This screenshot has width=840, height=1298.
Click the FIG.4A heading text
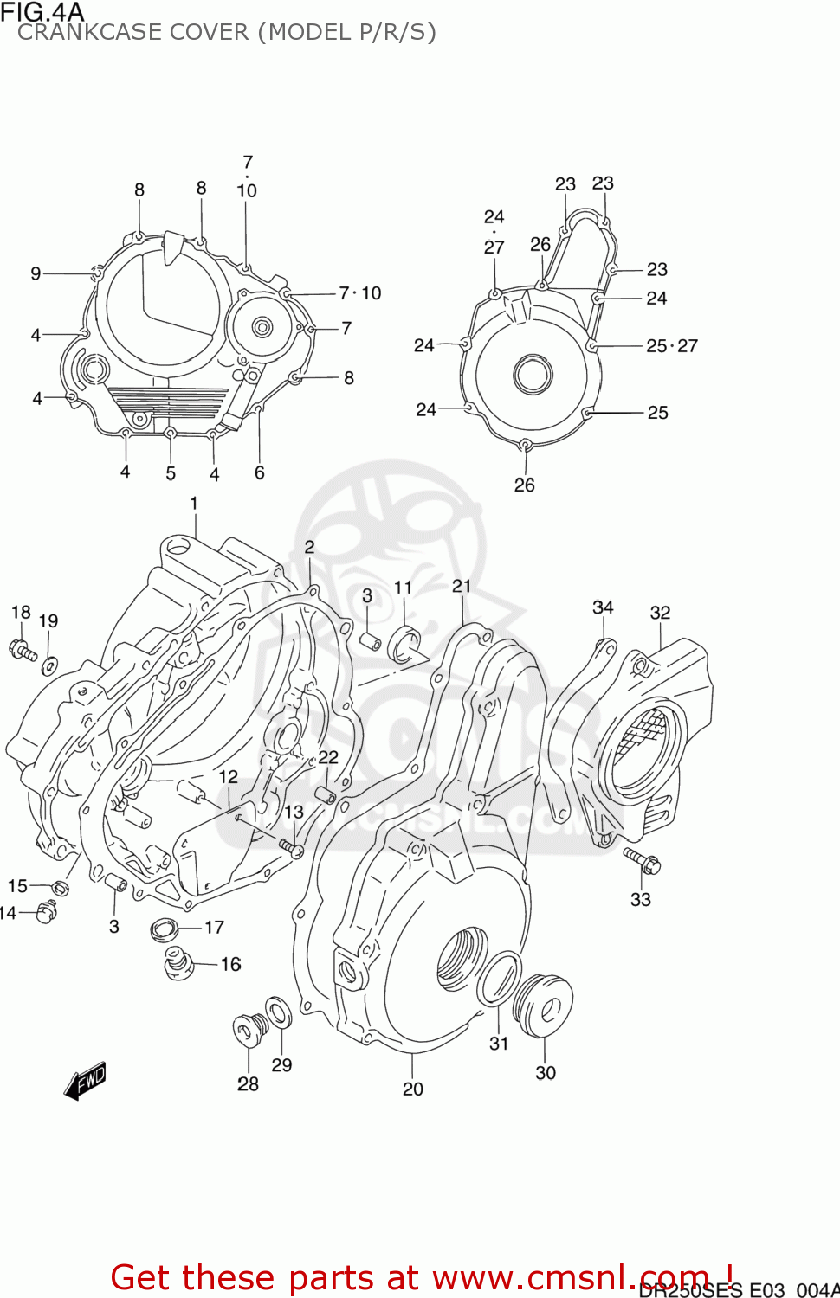[x=42, y=12]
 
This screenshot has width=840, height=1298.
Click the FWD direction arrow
[x=86, y=1080]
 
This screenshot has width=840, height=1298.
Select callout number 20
[x=413, y=1089]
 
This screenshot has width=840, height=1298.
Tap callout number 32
[x=660, y=613]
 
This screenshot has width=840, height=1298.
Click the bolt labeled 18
[x=23, y=650]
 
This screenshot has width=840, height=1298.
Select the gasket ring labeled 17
[x=164, y=930]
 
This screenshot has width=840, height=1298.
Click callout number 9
[x=36, y=273]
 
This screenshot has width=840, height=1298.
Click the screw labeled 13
[x=291, y=847]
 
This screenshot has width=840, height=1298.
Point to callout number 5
[x=171, y=473]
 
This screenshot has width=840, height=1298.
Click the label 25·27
[x=671, y=346]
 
